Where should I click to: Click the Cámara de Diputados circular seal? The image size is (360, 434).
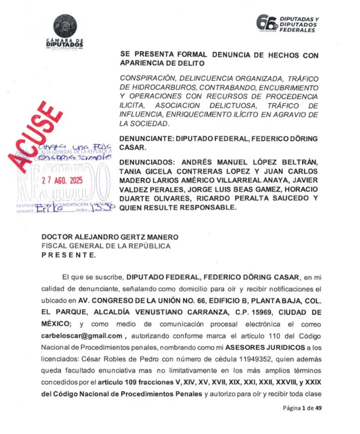(x=65, y=26)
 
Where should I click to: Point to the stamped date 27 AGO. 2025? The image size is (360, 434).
(x=62, y=180)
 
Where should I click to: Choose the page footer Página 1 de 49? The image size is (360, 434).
(x=302, y=408)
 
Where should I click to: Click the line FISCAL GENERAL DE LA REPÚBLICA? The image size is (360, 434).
(x=105, y=246)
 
